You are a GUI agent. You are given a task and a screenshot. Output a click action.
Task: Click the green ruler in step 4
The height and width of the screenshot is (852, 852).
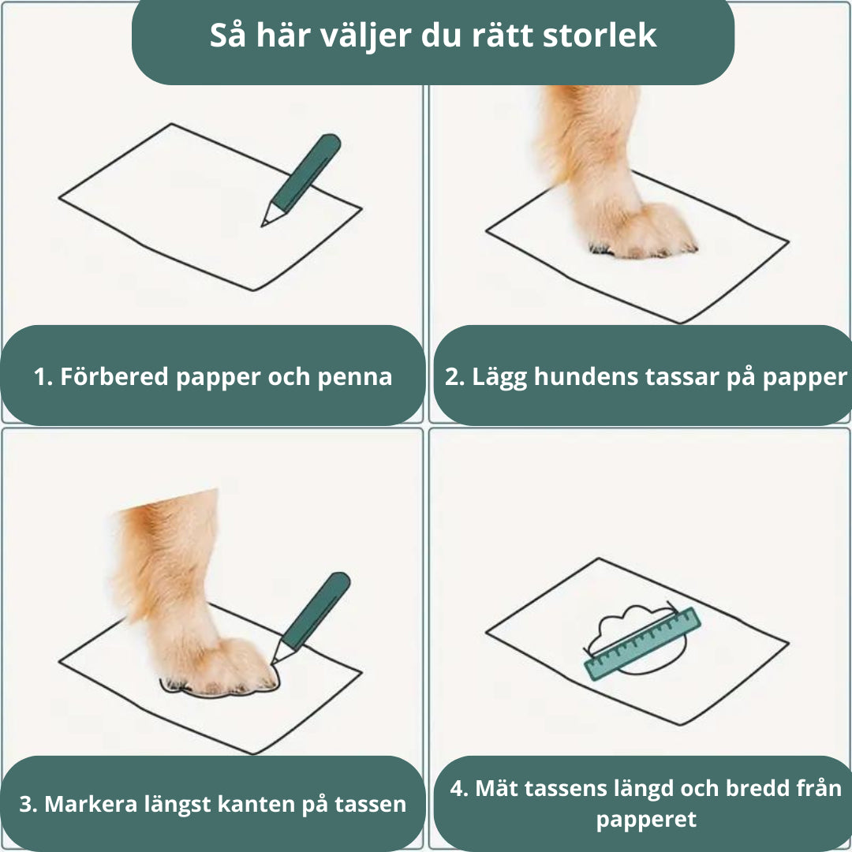point(642,644)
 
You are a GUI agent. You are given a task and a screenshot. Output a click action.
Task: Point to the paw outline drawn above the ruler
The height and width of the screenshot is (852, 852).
point(631,623)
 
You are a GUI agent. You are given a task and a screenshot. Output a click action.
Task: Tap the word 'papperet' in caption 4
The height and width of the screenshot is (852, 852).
point(646,819)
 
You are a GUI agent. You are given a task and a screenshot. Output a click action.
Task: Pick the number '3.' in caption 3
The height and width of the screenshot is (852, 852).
point(28,804)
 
